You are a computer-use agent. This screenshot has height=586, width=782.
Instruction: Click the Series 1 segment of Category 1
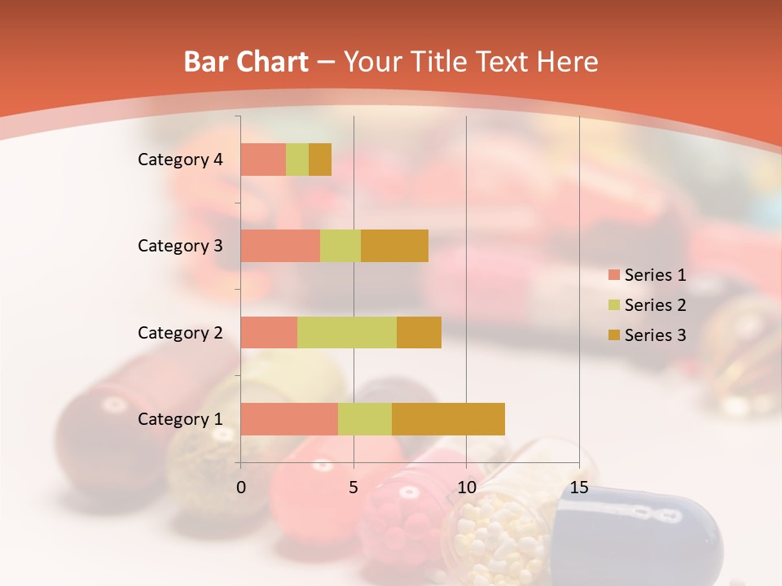(x=289, y=418)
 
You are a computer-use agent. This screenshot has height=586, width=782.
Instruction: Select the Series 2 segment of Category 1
(x=365, y=418)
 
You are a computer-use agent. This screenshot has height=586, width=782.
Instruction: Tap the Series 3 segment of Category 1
(x=448, y=418)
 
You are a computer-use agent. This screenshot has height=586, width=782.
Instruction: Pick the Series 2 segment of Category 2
(x=347, y=332)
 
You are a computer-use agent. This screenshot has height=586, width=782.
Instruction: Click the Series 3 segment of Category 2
(x=419, y=332)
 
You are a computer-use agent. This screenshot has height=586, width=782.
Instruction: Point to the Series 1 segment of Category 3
(x=280, y=246)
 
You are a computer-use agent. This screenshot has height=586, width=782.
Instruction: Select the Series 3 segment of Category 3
(x=394, y=246)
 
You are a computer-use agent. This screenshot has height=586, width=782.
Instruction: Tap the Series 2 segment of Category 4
(x=297, y=160)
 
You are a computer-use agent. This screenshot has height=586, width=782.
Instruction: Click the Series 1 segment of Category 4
(x=263, y=160)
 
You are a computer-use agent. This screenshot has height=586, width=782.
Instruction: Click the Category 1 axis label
(x=180, y=419)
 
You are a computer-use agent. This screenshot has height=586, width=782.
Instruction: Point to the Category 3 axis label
(x=180, y=246)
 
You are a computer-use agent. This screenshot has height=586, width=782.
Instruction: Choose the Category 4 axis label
(x=180, y=160)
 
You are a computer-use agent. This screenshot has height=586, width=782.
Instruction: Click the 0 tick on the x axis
(x=241, y=488)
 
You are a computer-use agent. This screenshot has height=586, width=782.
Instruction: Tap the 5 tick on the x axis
(x=354, y=488)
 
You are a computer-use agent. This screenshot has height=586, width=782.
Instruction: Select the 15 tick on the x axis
(x=578, y=488)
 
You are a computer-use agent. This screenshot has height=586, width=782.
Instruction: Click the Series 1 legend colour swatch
(x=613, y=275)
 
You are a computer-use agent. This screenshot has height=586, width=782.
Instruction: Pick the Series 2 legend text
(x=655, y=305)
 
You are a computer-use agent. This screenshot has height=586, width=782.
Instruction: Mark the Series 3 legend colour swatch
(x=613, y=335)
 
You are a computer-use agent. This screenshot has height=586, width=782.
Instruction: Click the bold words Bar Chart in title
(x=246, y=62)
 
